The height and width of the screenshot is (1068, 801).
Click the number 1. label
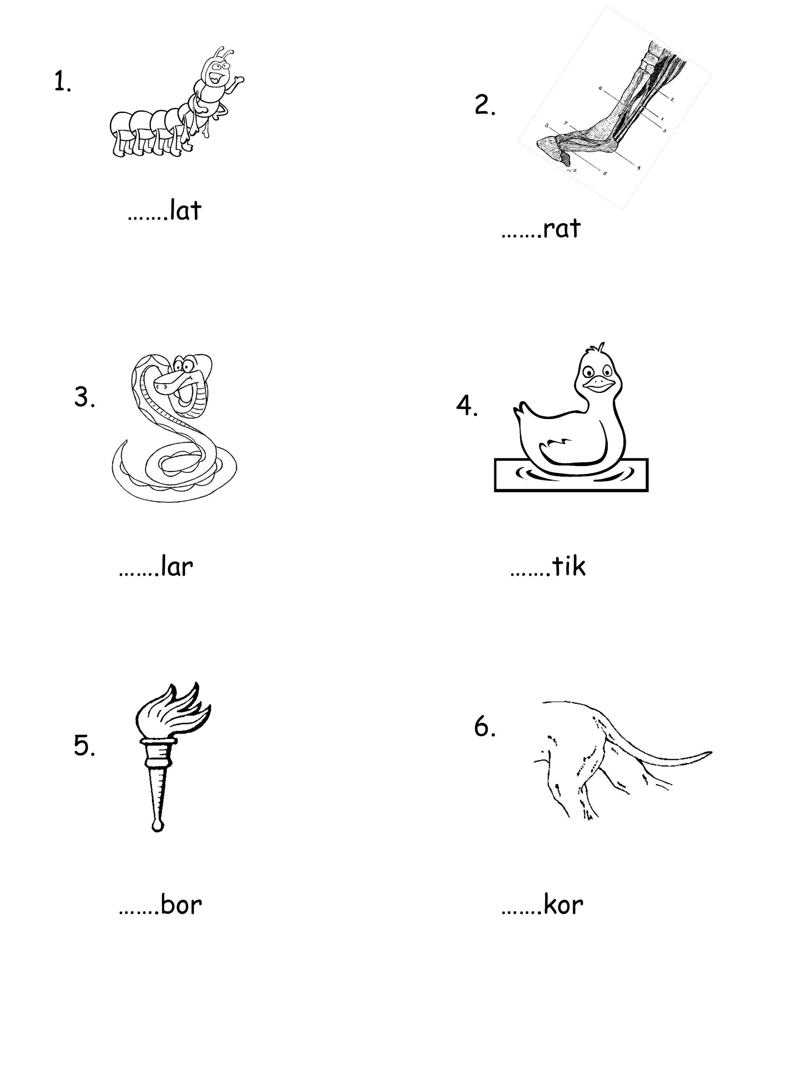point(62,82)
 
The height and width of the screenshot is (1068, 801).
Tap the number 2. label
point(485,105)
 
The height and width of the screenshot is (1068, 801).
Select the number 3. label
point(84,398)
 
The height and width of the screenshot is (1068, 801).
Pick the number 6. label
point(485,727)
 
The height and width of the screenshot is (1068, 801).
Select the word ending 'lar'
point(177,567)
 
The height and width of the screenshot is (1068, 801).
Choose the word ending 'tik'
point(569,567)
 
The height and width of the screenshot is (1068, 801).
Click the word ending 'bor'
point(181,905)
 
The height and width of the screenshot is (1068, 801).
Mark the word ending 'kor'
point(563,905)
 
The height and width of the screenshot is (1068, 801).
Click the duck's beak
point(599,384)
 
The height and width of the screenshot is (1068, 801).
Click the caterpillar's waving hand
point(239,80)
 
